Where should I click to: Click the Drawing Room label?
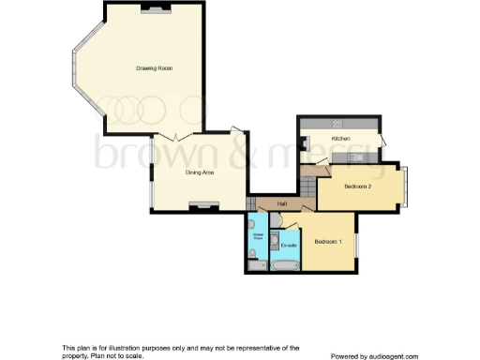[x=155, y=68]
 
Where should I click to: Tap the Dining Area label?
[x=195, y=172]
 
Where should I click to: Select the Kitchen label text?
[x=340, y=139]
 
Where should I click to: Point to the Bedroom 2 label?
[x=358, y=187]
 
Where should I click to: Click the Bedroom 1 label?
[x=327, y=242]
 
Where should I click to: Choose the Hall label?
[x=280, y=203]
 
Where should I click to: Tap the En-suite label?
[x=290, y=246]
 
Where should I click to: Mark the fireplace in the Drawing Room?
[x=152, y=8]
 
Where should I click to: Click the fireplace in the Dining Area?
[x=199, y=205]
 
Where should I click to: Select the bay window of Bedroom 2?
[x=409, y=185]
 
